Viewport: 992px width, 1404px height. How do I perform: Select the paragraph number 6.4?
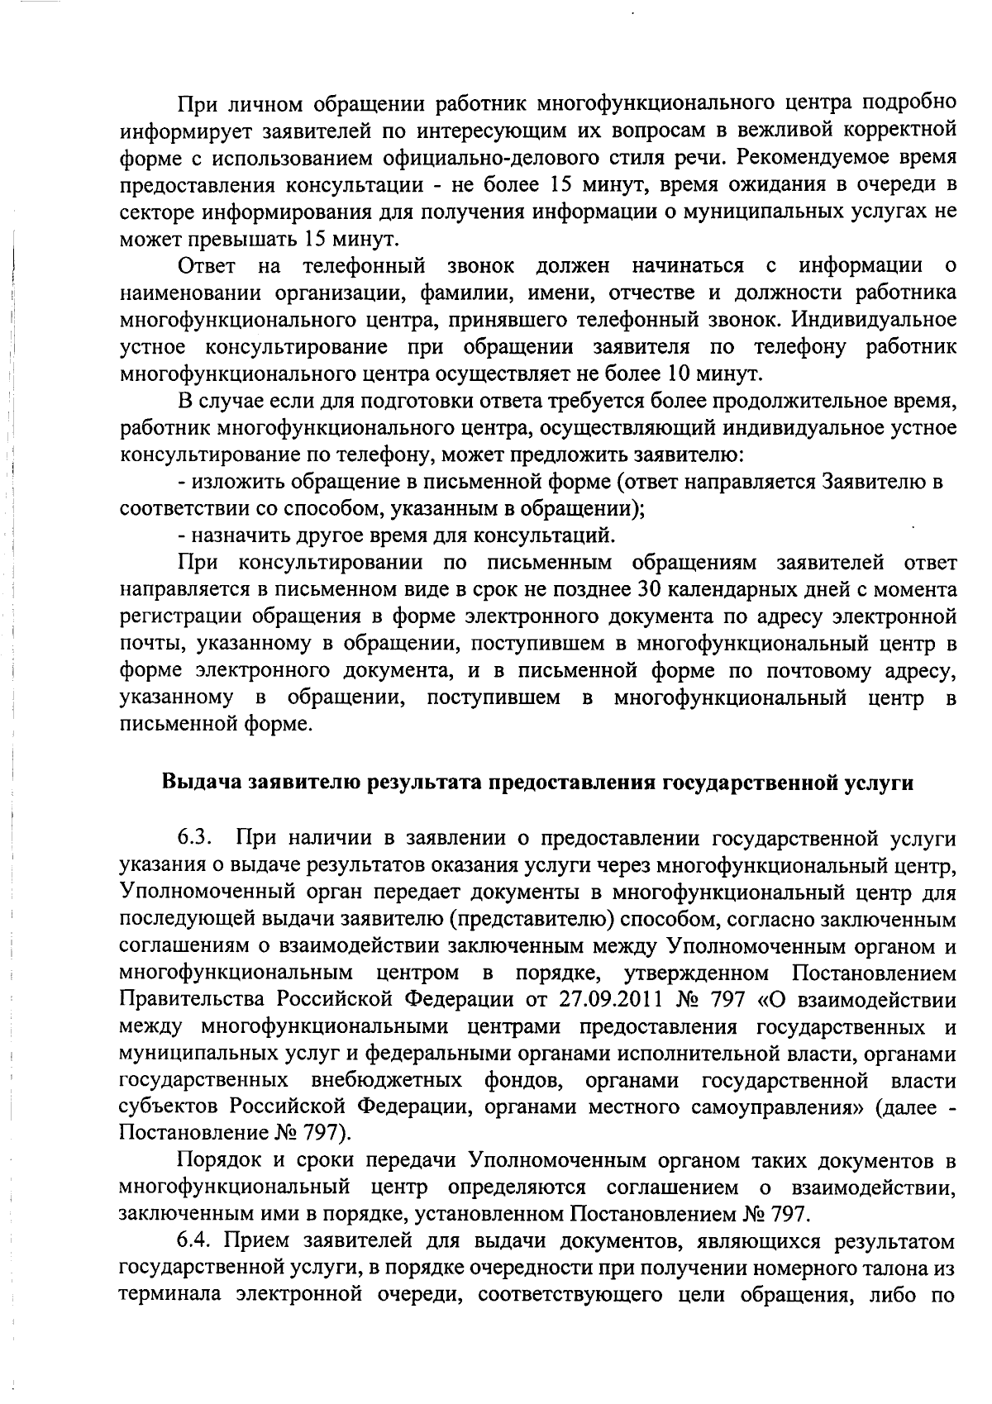point(195,1240)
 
